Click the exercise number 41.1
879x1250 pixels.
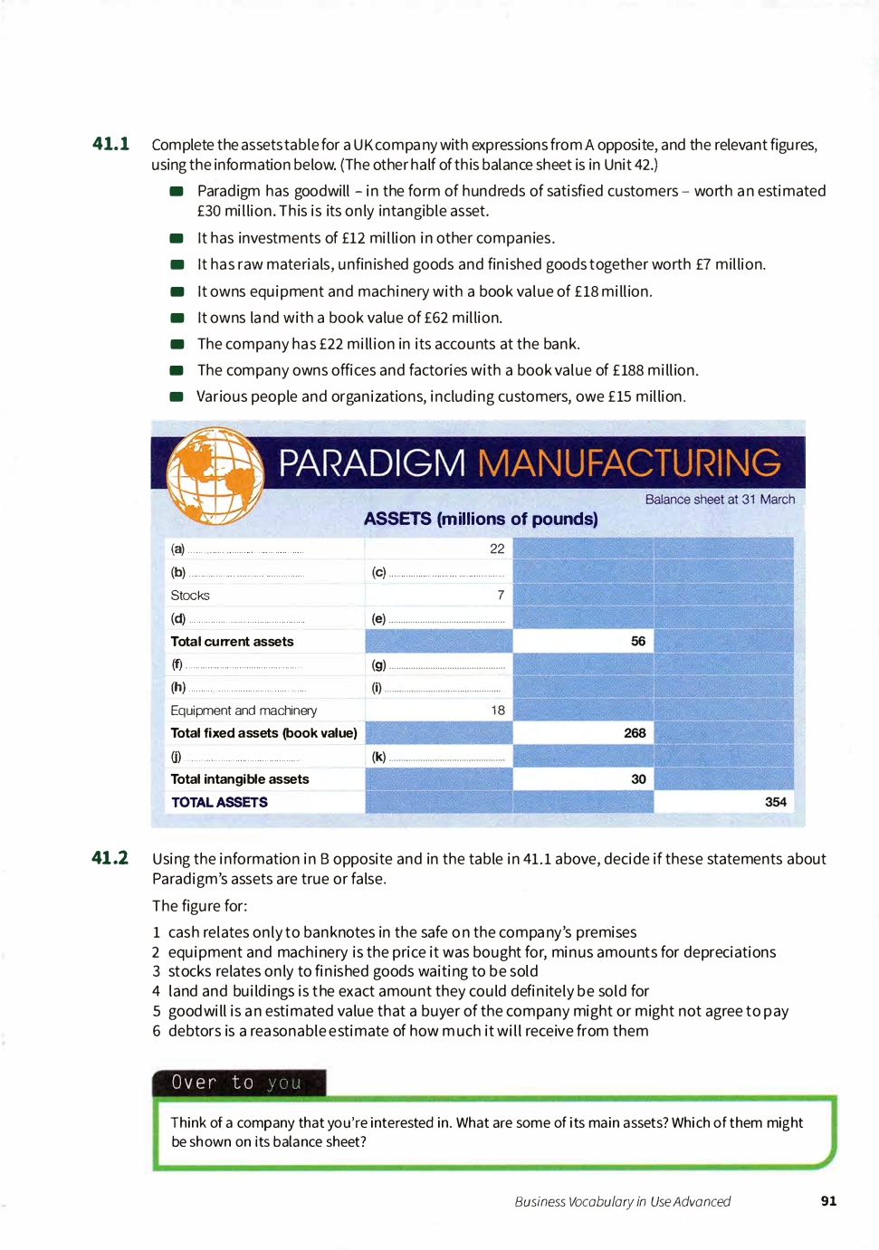coord(110,144)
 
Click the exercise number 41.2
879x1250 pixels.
coord(110,858)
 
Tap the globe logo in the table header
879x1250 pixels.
coord(215,475)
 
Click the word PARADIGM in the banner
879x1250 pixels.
coord(371,463)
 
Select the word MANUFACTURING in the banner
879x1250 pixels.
coord(628,463)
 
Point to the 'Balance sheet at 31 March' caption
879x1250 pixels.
coord(720,500)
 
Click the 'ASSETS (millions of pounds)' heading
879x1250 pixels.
coord(481,519)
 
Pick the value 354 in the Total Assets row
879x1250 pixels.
coord(775,802)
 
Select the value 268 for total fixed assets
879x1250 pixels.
coord(635,733)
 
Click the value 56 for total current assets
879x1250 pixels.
coord(638,641)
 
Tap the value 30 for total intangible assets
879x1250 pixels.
coord(638,779)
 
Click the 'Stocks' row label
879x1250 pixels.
coord(190,596)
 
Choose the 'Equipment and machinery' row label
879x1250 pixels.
coord(244,711)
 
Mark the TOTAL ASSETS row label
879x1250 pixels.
coord(219,803)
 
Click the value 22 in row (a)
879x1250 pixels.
coord(497,549)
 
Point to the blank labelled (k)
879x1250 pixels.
coord(439,758)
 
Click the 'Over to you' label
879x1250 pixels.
coord(236,1083)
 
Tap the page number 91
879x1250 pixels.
coord(828,1201)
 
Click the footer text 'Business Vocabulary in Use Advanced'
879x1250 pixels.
coord(622,1202)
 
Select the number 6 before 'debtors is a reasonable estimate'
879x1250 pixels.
coord(157,1031)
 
